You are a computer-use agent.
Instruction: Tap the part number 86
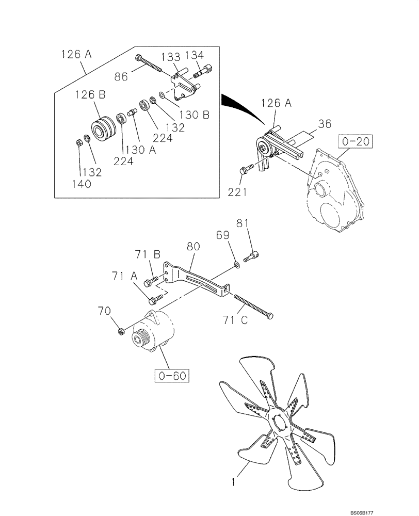click(x=121, y=76)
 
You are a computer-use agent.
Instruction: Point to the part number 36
click(x=325, y=124)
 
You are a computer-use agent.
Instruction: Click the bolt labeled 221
click(x=247, y=167)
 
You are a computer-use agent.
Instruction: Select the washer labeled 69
click(x=236, y=265)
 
